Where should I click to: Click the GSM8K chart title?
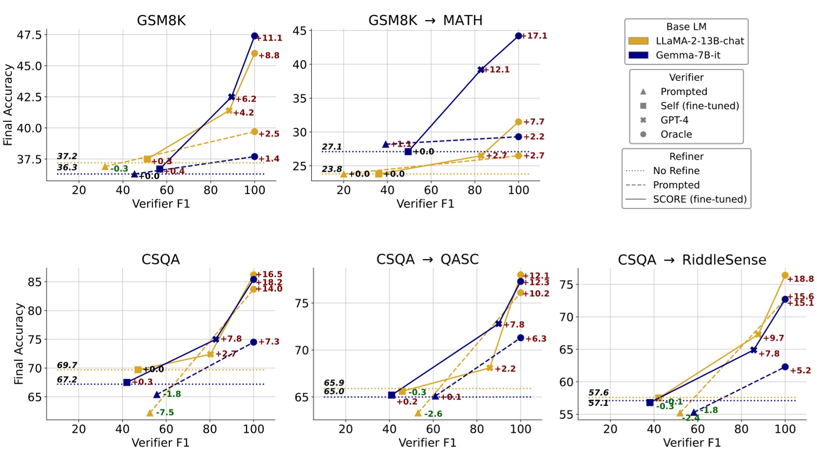click(x=161, y=20)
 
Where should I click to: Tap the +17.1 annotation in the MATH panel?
click(x=534, y=36)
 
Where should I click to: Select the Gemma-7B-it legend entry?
click(x=688, y=55)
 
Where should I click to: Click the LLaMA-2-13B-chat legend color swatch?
click(x=638, y=41)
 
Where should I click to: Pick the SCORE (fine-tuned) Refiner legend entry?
click(x=699, y=199)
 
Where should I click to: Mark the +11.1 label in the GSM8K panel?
click(x=270, y=38)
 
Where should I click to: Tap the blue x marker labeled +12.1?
click(x=481, y=69)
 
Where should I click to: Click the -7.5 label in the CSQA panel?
click(x=165, y=413)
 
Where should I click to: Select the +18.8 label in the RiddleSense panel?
click(x=800, y=279)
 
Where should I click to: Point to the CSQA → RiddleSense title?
click(x=692, y=260)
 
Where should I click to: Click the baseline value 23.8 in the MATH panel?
click(x=331, y=169)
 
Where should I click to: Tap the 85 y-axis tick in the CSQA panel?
click(x=34, y=282)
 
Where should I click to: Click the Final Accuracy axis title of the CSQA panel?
click(x=19, y=344)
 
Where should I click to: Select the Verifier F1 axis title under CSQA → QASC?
click(x=427, y=443)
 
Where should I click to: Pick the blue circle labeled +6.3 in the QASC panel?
click(x=520, y=338)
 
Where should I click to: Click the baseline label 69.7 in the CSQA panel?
click(x=67, y=365)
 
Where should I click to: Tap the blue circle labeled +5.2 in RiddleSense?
click(x=785, y=367)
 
